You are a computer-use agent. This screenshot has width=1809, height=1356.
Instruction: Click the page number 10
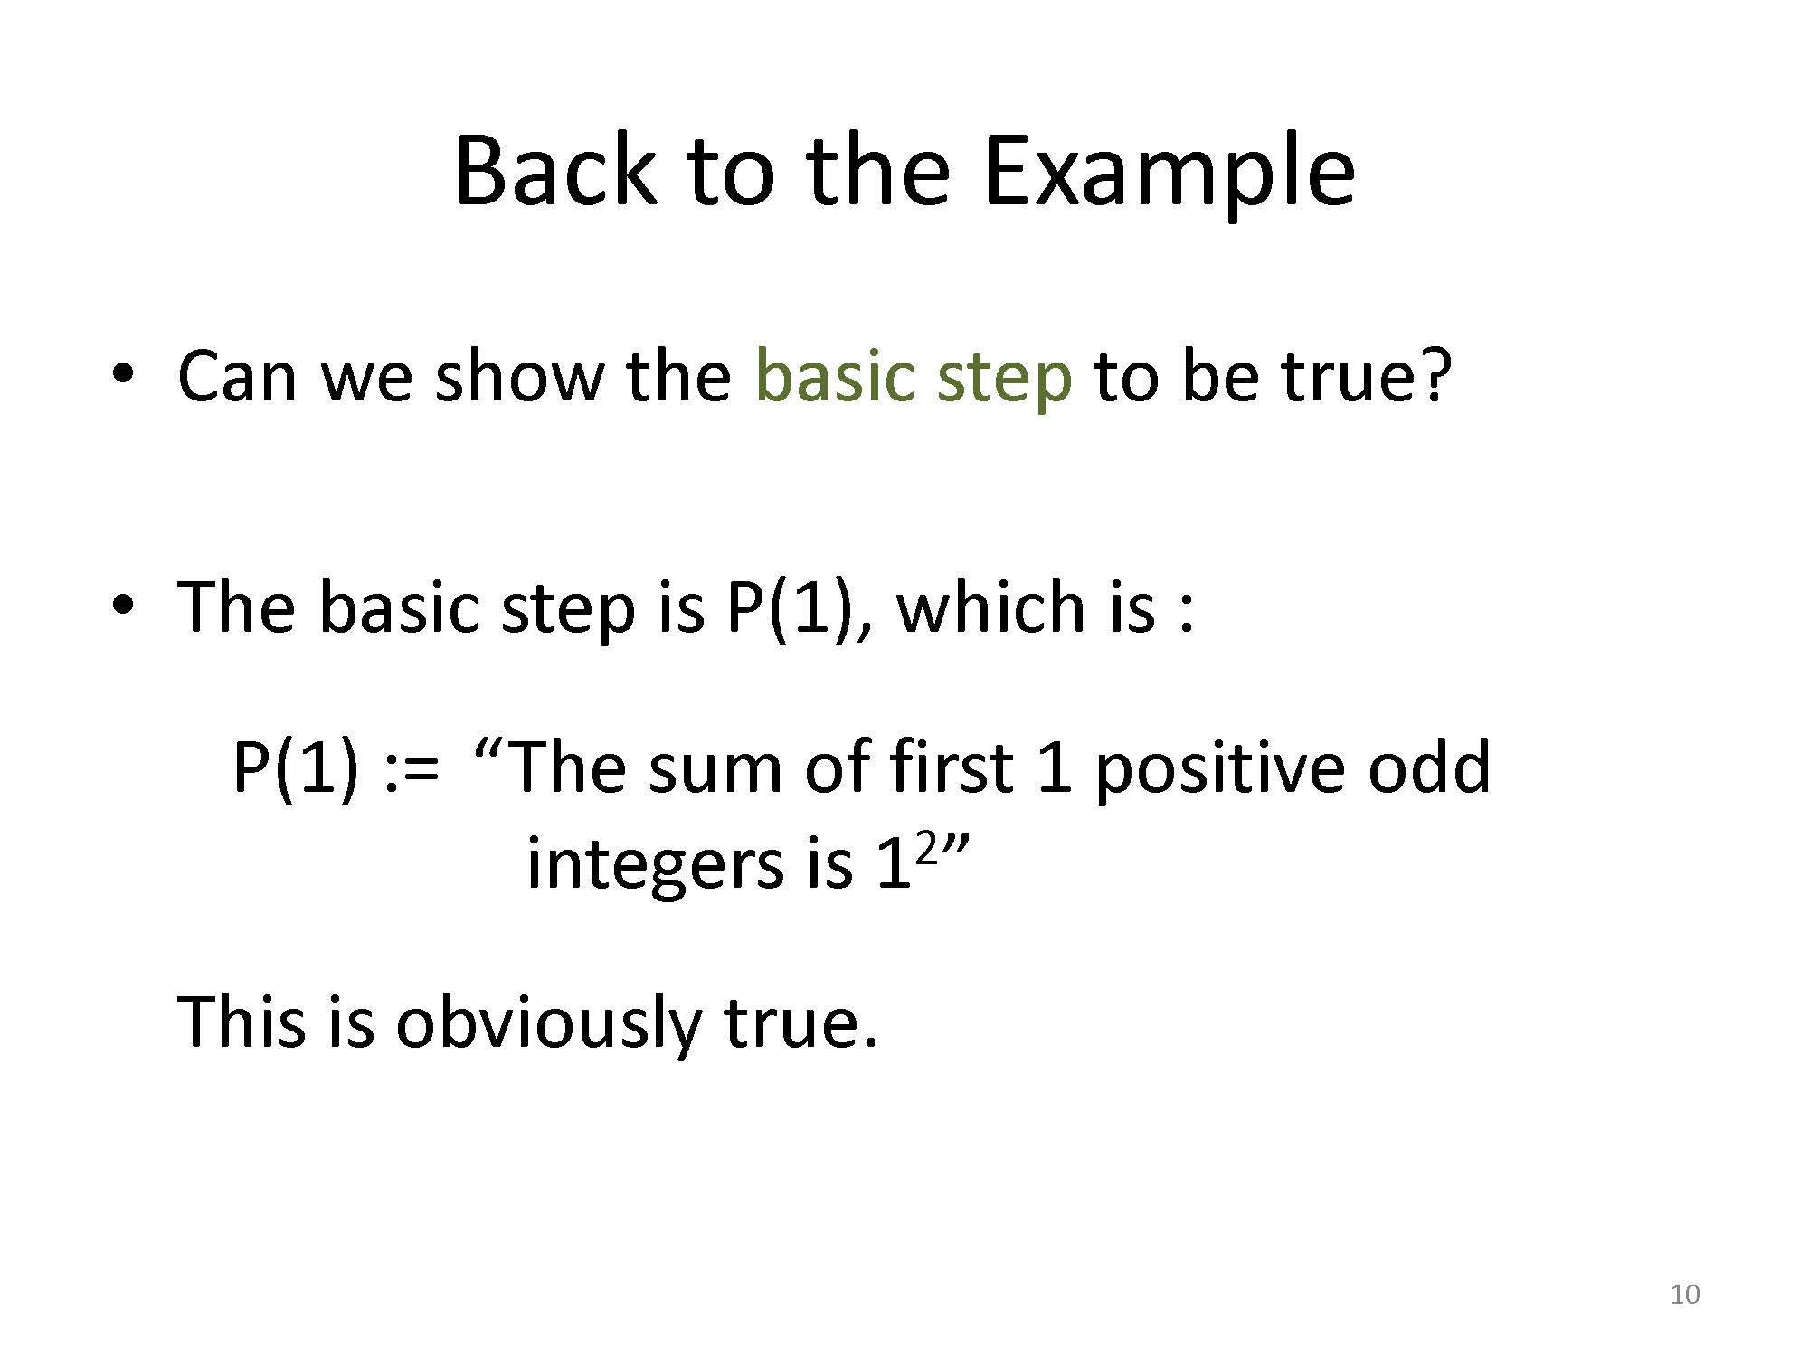click(1685, 1295)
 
